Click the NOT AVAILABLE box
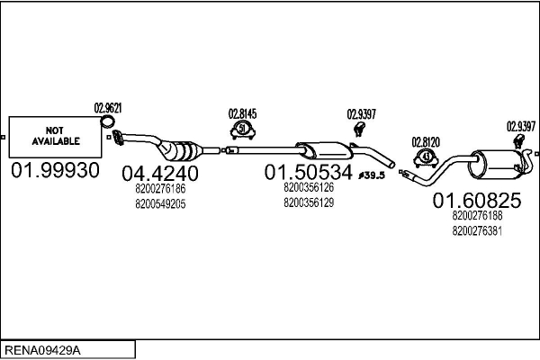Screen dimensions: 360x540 (x=56, y=137)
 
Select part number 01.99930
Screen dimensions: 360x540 (x=56, y=171)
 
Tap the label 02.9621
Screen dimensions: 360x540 (x=108, y=108)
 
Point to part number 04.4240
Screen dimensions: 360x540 (x=160, y=172)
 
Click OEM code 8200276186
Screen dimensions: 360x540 (x=160, y=189)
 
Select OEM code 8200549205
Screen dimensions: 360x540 (x=160, y=204)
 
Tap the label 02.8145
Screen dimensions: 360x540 (x=242, y=114)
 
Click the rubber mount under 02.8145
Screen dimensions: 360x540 (x=242, y=131)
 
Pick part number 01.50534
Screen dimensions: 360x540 (x=309, y=171)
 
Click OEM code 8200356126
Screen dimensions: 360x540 (x=309, y=188)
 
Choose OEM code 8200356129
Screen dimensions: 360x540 (x=309, y=203)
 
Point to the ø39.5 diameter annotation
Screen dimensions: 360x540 (x=371, y=175)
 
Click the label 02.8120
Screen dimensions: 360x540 (x=425, y=141)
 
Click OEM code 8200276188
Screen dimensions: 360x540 (x=478, y=216)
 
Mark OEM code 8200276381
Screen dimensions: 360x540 (x=478, y=231)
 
